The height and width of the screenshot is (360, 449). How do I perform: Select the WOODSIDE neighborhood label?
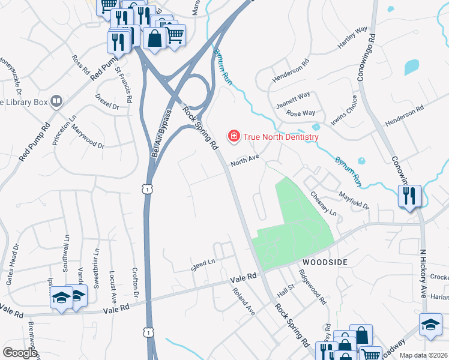(325, 263)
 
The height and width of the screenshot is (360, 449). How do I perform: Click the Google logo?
(20, 353)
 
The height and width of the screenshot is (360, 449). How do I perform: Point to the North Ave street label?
(245, 160)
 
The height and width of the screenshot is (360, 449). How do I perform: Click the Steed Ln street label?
(203, 265)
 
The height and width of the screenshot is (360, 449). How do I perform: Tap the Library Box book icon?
(57, 101)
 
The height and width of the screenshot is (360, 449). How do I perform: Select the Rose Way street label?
(301, 113)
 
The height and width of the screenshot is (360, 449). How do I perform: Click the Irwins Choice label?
(345, 113)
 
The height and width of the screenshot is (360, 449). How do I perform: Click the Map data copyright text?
(424, 355)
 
